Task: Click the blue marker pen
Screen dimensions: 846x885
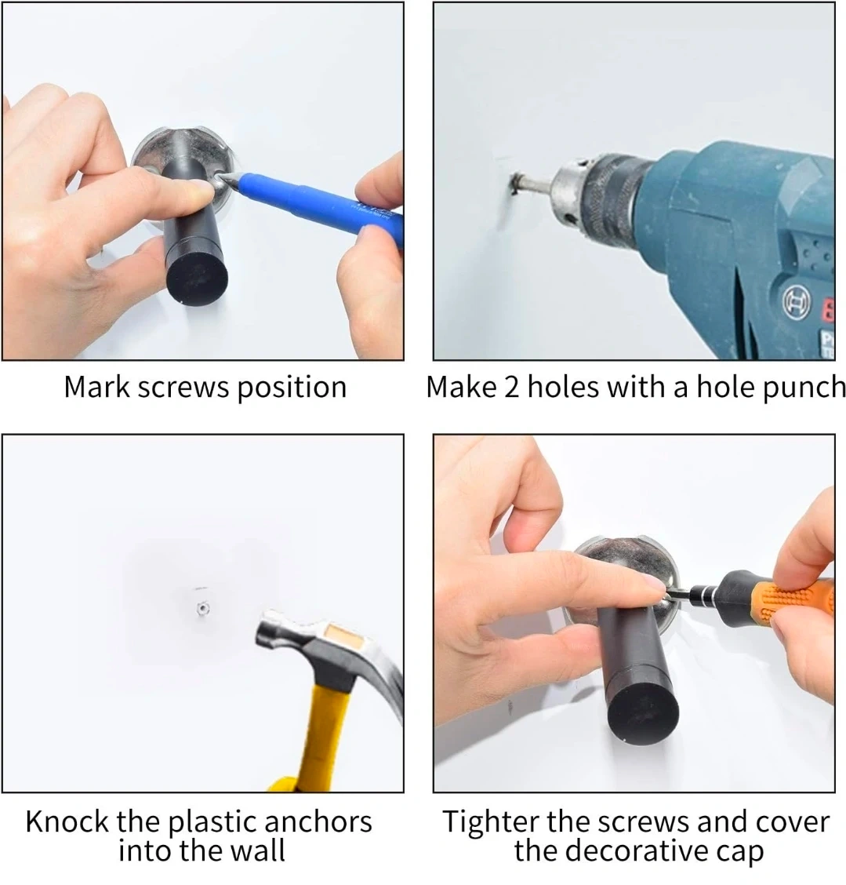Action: point(316,202)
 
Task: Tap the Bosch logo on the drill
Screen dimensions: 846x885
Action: point(797,301)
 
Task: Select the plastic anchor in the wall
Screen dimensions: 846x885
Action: point(202,609)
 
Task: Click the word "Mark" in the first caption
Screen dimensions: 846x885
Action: point(97,388)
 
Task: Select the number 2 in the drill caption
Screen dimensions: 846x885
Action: point(511,388)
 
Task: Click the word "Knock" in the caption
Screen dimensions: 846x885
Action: point(67,821)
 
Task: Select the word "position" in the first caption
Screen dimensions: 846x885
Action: point(292,388)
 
